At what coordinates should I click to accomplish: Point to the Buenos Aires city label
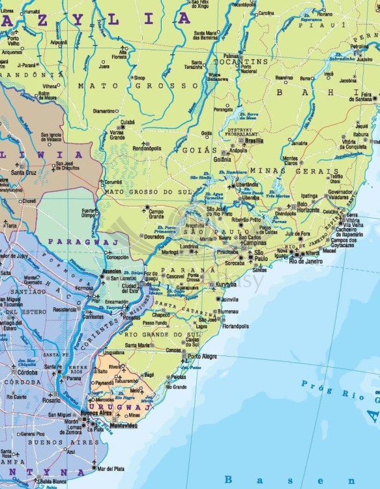[x=104, y=413]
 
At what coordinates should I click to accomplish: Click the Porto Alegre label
[x=203, y=357]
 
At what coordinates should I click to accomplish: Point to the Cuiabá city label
[x=128, y=122]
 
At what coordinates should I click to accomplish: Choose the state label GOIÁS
[x=203, y=150]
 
